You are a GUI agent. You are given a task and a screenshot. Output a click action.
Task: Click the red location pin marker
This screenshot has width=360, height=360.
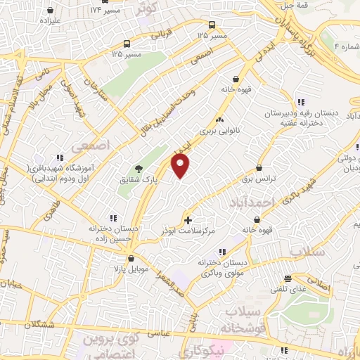[181, 167]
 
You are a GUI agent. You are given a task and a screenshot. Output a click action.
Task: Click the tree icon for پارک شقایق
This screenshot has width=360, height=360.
[139, 169]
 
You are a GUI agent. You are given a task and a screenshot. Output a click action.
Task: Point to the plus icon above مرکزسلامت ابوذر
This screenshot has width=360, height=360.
[187, 220]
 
